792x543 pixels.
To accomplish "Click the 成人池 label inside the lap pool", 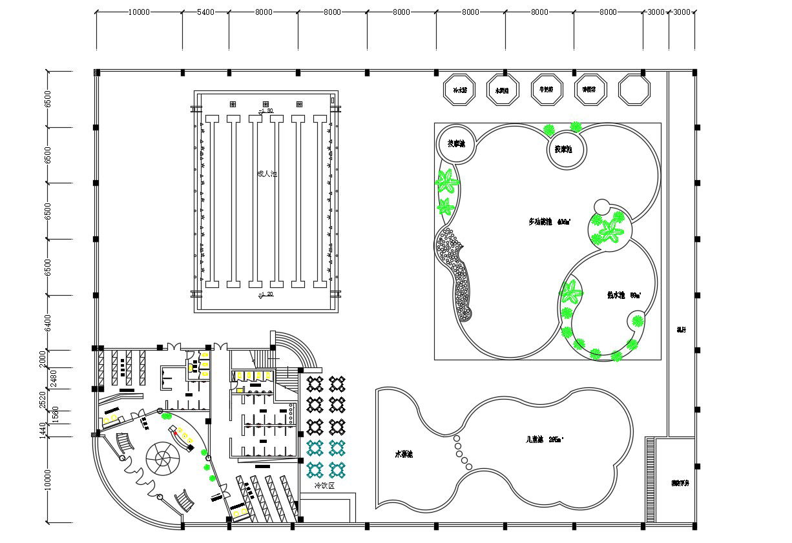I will (x=266, y=174).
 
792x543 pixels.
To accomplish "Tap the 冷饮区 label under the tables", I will (x=324, y=486).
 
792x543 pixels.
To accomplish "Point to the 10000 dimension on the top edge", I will (x=139, y=12).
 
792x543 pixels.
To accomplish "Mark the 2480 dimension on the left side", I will (x=54, y=378).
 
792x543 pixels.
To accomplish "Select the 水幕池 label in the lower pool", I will (x=404, y=455).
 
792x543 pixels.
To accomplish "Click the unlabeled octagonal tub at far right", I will (x=634, y=90).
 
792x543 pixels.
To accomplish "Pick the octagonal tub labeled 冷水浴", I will (x=459, y=90).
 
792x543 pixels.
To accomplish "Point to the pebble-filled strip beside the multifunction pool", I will (x=456, y=271).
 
